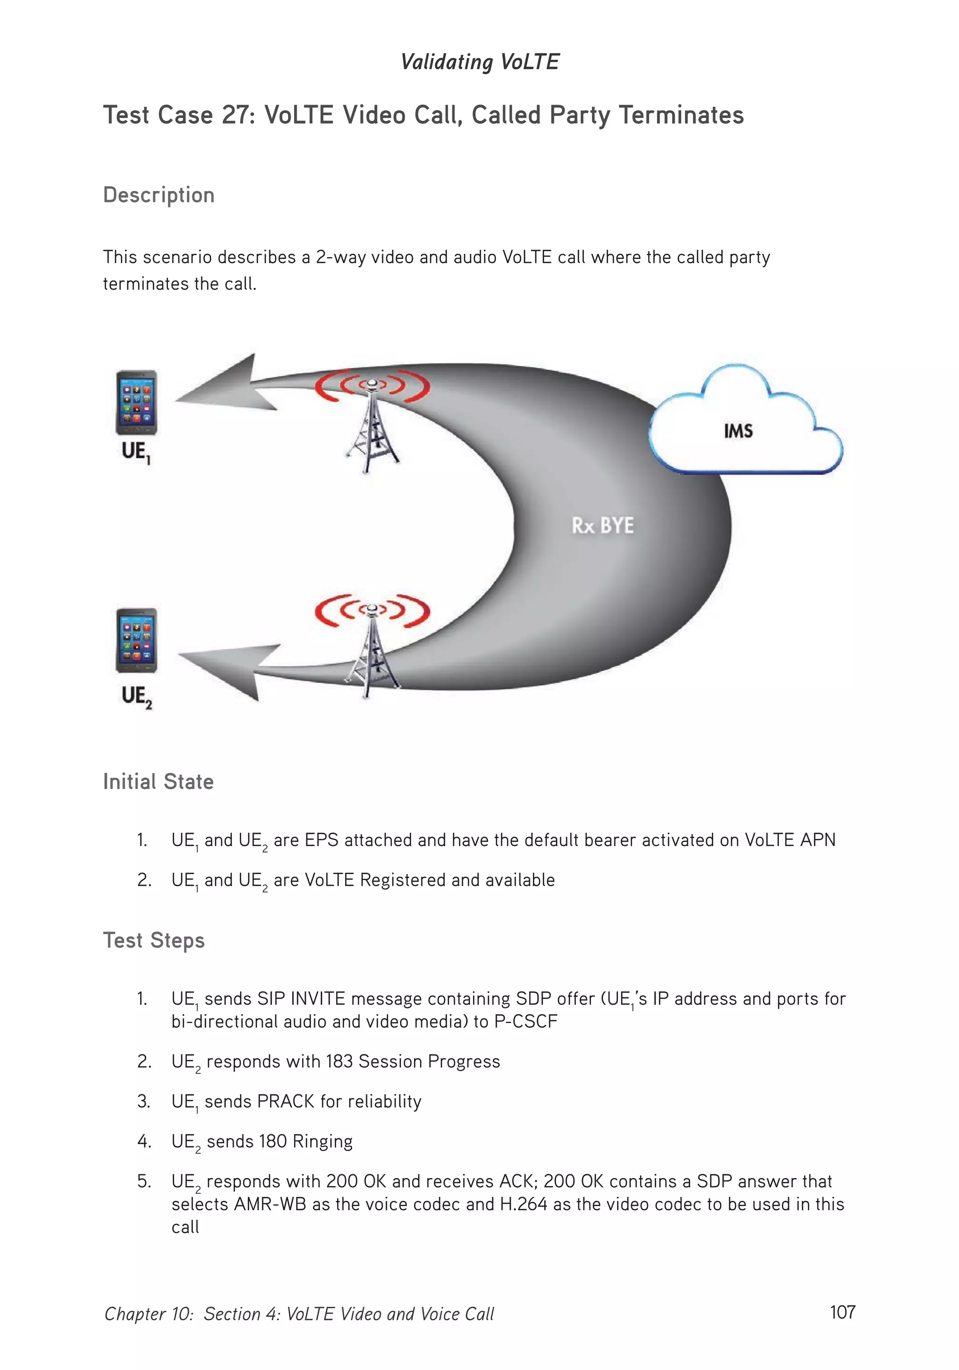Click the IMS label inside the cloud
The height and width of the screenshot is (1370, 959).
click(x=738, y=431)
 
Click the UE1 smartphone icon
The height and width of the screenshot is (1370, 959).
click(x=137, y=402)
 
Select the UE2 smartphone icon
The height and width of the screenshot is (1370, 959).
click(x=137, y=640)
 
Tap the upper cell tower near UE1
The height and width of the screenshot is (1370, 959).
click(x=372, y=424)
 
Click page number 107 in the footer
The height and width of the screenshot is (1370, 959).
click(x=842, y=1312)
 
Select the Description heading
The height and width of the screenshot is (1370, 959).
click(x=159, y=195)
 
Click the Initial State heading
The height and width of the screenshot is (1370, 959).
click(x=158, y=781)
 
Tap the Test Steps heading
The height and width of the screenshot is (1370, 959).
click(x=154, y=940)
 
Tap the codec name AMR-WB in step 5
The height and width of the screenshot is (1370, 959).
click(x=270, y=1204)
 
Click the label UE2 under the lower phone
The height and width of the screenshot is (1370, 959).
click(x=137, y=696)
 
